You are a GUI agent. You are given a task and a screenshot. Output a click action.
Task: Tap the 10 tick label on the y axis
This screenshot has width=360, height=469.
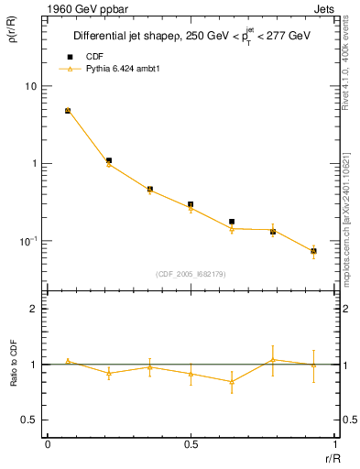(x=30, y=86)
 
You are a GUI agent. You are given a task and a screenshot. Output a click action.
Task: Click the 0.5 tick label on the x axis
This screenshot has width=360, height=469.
(x=191, y=442)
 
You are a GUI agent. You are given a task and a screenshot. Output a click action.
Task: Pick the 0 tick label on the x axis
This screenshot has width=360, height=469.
(x=48, y=442)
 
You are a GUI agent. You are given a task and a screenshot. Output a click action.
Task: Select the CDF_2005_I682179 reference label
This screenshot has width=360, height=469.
(x=191, y=273)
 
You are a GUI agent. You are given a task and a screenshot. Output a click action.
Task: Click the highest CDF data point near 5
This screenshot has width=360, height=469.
(x=68, y=111)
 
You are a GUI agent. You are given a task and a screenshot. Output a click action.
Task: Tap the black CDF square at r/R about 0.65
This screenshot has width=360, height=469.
(x=232, y=222)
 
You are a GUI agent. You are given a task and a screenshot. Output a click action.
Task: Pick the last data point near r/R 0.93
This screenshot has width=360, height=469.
(x=313, y=251)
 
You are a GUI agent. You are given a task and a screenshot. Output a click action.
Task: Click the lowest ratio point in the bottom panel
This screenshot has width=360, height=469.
(x=232, y=382)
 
